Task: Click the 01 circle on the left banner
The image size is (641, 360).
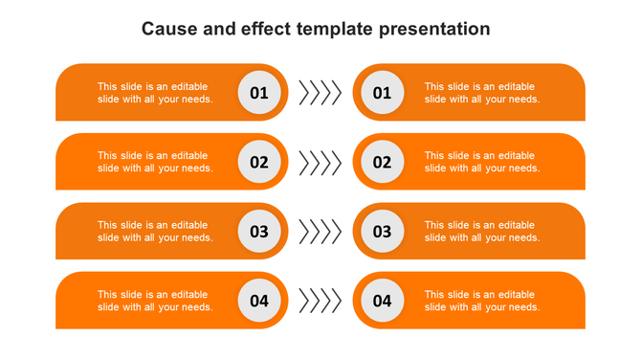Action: click(x=259, y=93)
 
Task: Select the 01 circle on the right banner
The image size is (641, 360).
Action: click(x=382, y=93)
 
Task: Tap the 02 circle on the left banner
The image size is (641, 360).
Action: click(x=259, y=162)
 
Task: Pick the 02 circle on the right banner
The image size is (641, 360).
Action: click(x=382, y=162)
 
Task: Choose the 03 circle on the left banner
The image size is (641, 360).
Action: click(x=259, y=232)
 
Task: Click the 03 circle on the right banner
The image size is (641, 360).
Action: click(x=382, y=232)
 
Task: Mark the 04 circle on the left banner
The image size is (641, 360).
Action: click(x=259, y=301)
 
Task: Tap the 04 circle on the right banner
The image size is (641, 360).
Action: click(x=382, y=301)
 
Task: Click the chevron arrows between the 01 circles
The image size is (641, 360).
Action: click(x=320, y=93)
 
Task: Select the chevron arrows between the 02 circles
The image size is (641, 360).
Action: click(x=320, y=162)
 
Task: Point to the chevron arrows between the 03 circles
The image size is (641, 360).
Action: click(x=320, y=232)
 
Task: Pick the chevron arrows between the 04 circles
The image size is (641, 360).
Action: click(x=320, y=301)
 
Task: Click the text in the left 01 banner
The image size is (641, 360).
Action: click(x=155, y=93)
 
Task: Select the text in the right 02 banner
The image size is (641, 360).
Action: click(x=482, y=162)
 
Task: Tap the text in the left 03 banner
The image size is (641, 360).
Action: click(x=155, y=232)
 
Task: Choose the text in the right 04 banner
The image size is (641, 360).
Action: click(x=482, y=301)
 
